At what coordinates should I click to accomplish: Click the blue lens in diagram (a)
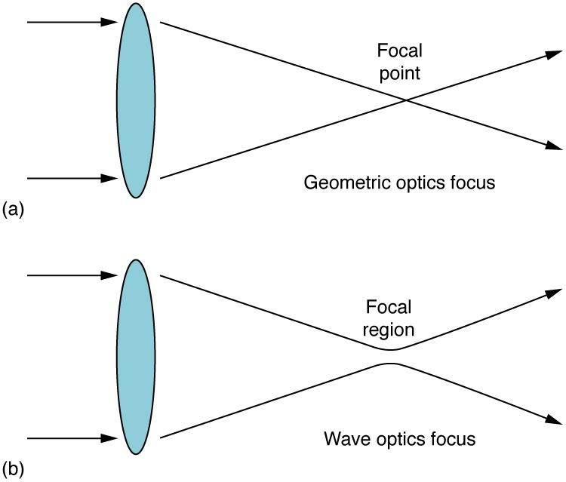(x=136, y=100)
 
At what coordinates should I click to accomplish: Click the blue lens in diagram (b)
(x=136, y=357)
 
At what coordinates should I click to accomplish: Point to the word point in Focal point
(x=399, y=74)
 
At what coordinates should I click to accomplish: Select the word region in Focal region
(x=388, y=330)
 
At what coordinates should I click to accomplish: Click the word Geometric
(x=337, y=183)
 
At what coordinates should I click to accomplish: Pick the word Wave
(x=344, y=439)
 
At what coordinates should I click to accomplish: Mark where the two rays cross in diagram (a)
(x=406, y=100)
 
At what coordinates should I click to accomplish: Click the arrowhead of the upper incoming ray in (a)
(x=112, y=23)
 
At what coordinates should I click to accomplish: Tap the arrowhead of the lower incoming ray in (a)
(x=112, y=179)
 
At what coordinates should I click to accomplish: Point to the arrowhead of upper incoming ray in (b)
(x=112, y=276)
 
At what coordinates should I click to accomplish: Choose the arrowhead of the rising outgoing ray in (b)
(x=555, y=293)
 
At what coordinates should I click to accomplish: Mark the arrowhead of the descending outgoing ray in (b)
(x=555, y=420)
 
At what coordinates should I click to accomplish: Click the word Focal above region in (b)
(x=388, y=308)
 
